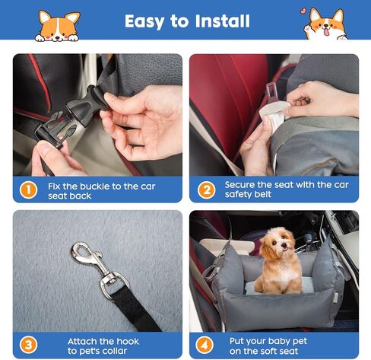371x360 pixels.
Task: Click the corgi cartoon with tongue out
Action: [x=325, y=24]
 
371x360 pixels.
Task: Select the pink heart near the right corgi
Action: [x=303, y=12]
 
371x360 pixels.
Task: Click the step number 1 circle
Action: [x=27, y=190]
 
